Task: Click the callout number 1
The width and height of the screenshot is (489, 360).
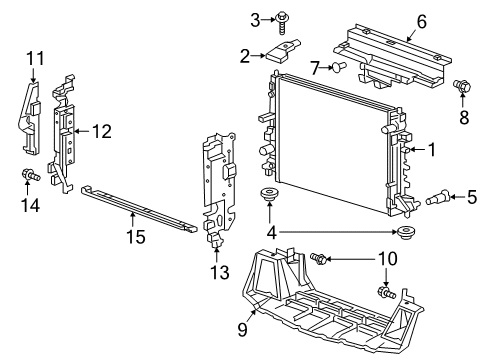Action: click(431, 150)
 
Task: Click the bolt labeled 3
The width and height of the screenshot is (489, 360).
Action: click(283, 17)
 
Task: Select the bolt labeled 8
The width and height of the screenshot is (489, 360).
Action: click(462, 87)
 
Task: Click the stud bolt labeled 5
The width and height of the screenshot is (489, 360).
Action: click(441, 197)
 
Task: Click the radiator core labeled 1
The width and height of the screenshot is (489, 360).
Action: click(335, 150)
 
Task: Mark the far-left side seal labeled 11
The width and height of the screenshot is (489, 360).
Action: click(29, 115)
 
